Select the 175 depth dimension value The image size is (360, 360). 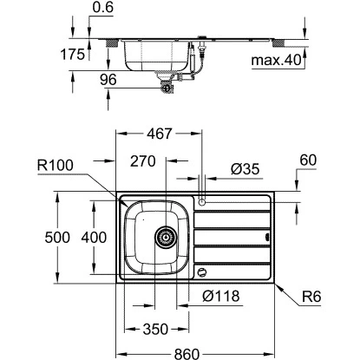[x=74, y=54]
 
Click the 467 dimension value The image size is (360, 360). [x=157, y=134]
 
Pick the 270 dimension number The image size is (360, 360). [x=142, y=160]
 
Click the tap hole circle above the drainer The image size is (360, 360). [x=201, y=200]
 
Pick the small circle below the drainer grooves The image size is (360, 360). [x=203, y=272]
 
